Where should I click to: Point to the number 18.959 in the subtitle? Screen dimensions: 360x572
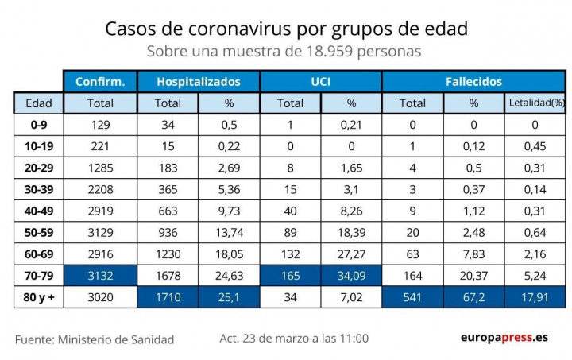coord(330,52)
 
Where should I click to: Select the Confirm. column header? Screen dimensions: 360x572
coord(100,82)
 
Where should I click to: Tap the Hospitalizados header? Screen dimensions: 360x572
coord(198,82)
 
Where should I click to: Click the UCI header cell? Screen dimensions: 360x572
coord(321,82)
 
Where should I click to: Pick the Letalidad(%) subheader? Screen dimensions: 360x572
coord(535,103)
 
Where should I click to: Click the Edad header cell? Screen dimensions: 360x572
coord(38,103)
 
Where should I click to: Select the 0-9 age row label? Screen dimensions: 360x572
coord(38,125)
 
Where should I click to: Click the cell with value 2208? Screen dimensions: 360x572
coord(100,189)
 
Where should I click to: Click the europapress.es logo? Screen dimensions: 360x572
coord(504,338)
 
